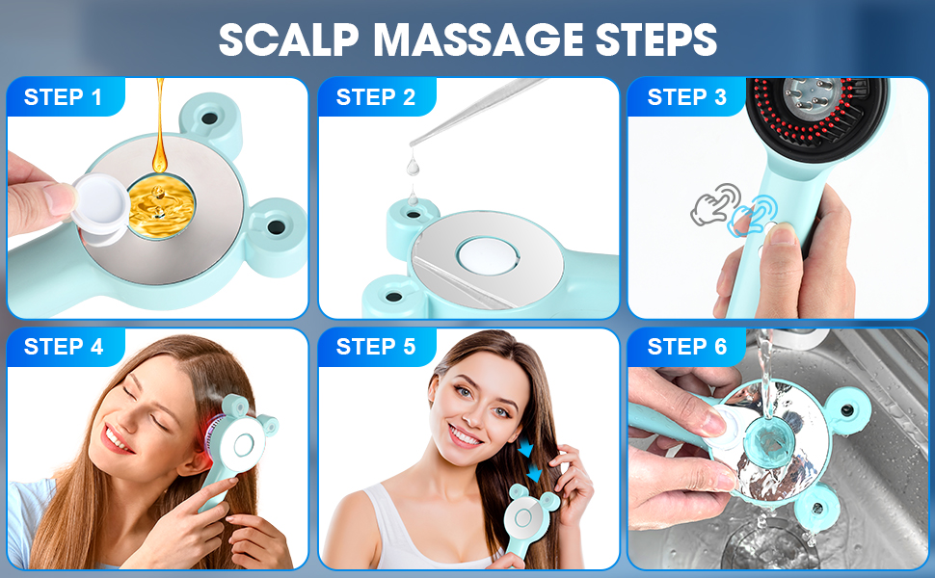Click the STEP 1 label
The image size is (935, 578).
pos(64,97)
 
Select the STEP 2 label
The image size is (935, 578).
pos(376,97)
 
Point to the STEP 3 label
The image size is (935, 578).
pos(687,97)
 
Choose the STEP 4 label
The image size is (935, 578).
pos(64,347)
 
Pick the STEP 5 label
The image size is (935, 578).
pos(376,347)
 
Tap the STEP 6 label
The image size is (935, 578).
pos(687,347)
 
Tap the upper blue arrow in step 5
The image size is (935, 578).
pos(525,450)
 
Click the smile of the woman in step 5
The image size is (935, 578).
pos(464,435)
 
